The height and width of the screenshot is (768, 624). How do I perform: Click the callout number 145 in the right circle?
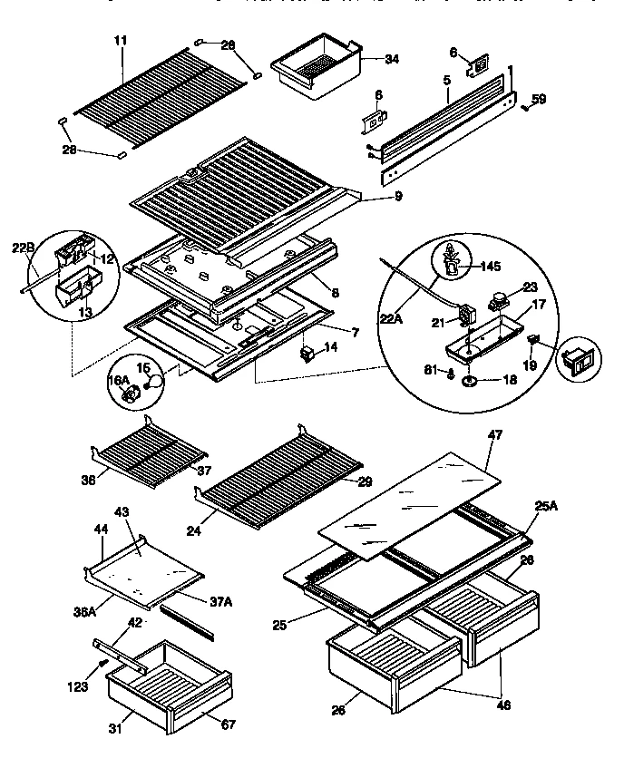click(x=489, y=266)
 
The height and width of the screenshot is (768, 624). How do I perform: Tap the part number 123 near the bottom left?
click(x=78, y=687)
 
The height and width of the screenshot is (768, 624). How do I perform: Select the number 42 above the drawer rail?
click(x=134, y=623)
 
